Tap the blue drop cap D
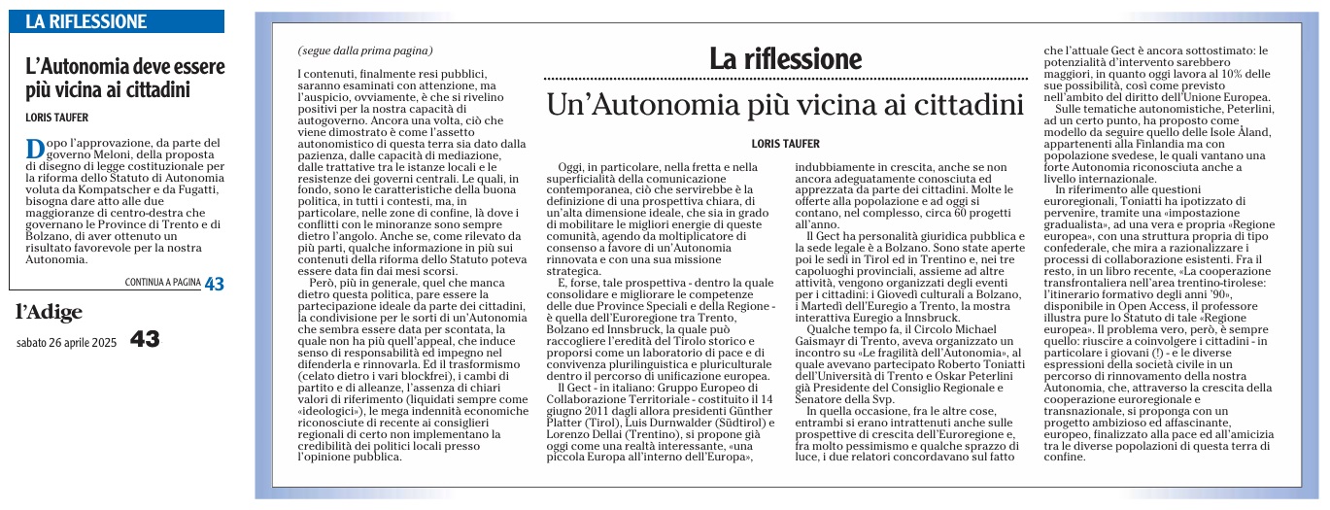tap(34, 149)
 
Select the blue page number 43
tap(214, 284)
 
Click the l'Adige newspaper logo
tap(49, 312)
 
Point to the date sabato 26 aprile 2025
tap(67, 341)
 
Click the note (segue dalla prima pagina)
tap(365, 51)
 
